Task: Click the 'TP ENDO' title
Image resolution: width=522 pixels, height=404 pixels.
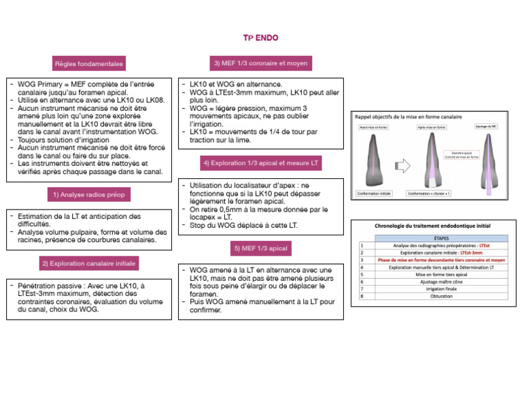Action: [x=260, y=37]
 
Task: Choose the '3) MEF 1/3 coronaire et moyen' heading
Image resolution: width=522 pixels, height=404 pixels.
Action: [x=260, y=63]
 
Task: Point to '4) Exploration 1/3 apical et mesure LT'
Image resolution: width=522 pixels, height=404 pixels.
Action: [x=260, y=163]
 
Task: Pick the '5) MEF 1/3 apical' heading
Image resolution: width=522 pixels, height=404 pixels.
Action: [x=260, y=249]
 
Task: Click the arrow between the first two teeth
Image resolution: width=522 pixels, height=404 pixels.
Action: [x=404, y=166]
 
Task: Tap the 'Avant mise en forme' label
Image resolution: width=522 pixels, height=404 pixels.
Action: [x=374, y=127]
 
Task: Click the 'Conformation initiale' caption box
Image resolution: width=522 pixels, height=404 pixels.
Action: [x=375, y=193]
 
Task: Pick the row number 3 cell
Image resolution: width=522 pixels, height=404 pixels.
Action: [x=362, y=260]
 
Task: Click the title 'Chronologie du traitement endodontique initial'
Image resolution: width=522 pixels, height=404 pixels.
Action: [x=432, y=226]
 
